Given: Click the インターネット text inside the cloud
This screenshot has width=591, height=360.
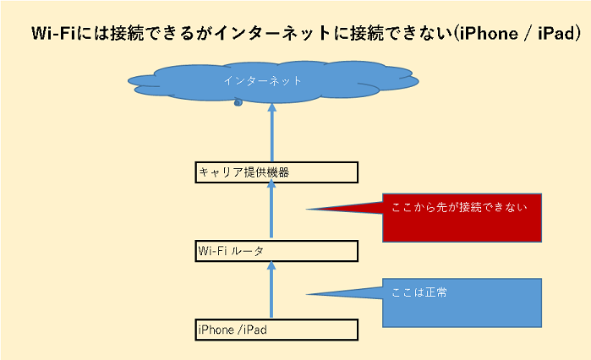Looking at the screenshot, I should click(x=262, y=80).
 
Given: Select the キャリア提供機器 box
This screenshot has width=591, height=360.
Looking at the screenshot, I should click(x=276, y=172).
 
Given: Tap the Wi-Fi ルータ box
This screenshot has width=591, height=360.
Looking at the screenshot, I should click(x=276, y=251).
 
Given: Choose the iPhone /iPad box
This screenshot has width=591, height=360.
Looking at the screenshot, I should click(x=276, y=330).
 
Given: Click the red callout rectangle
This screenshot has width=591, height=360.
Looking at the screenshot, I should click(x=461, y=219).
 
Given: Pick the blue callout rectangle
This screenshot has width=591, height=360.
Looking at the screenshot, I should click(x=461, y=302).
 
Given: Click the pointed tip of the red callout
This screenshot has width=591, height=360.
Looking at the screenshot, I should click(x=309, y=210).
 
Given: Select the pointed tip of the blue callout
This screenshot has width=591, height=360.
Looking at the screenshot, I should click(x=309, y=294).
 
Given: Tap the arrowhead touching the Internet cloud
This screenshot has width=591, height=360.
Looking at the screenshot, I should click(x=272, y=108).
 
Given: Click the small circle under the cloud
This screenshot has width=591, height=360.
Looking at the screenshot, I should click(x=238, y=102).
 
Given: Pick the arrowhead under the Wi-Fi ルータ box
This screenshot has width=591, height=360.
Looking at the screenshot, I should click(x=272, y=265).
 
